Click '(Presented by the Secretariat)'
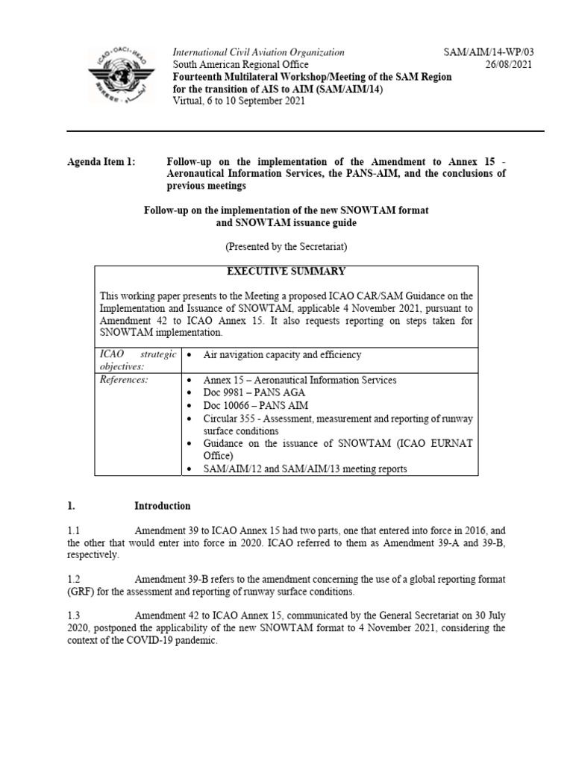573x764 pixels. click(x=286, y=246)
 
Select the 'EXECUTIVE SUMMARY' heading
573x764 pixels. click(x=286, y=272)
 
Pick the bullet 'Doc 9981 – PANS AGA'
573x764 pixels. click(x=250, y=392)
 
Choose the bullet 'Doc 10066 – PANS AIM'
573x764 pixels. click(x=251, y=405)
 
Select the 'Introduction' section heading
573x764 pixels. click(x=162, y=506)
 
